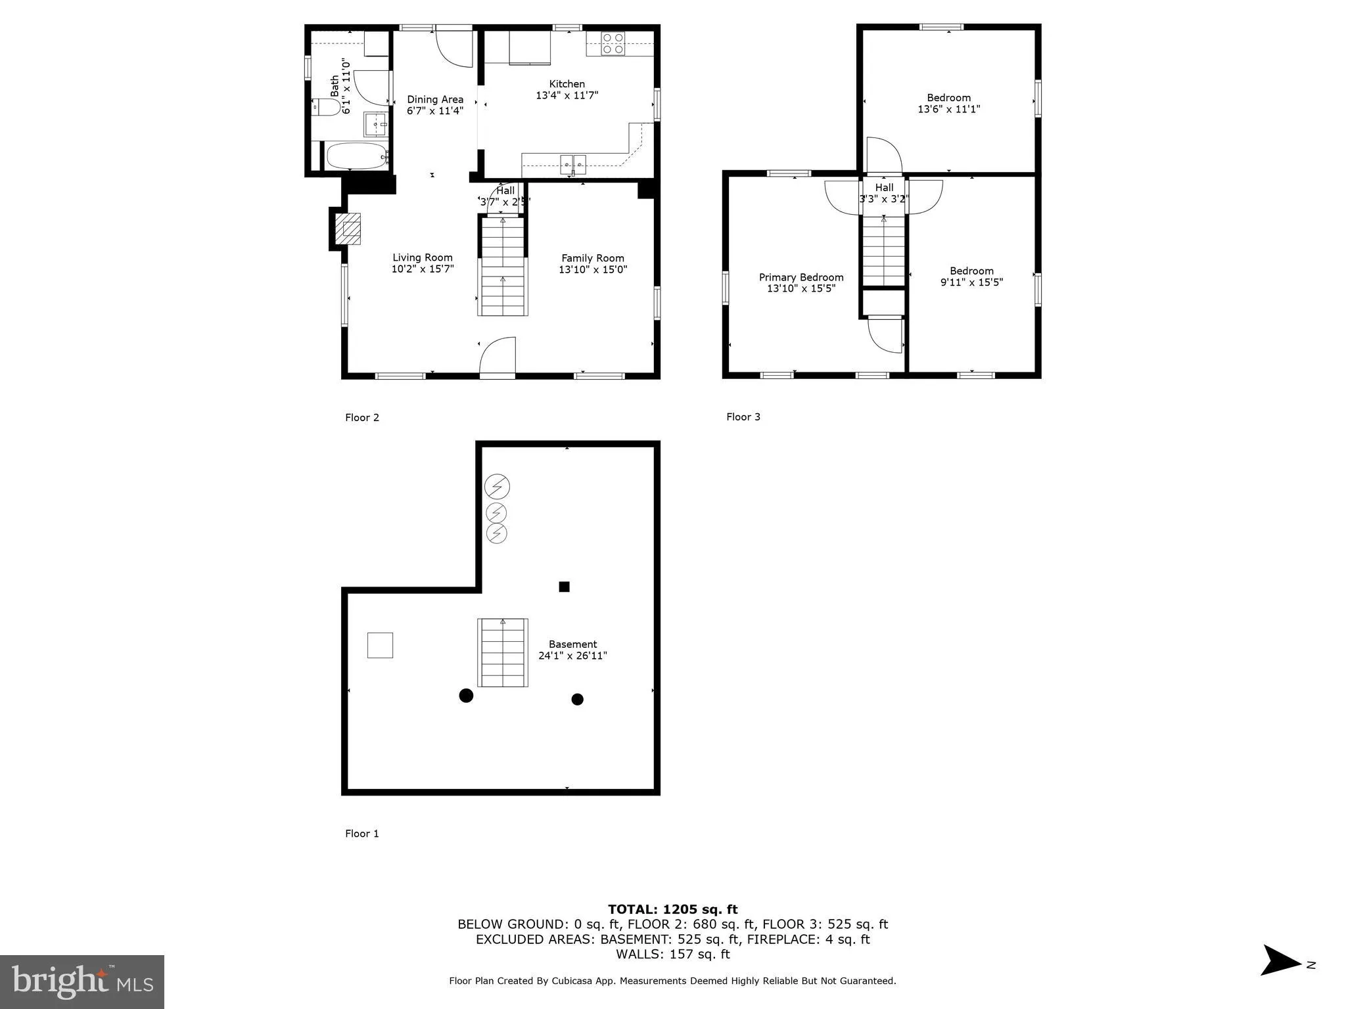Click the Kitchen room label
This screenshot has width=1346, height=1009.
[x=567, y=84]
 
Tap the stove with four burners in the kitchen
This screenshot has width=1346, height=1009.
[x=613, y=43]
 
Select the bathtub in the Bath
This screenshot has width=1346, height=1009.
[x=356, y=156]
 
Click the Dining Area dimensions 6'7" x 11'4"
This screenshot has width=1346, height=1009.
[x=434, y=111]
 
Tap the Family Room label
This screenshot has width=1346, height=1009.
[x=592, y=258]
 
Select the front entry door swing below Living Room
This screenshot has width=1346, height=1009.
[x=498, y=358]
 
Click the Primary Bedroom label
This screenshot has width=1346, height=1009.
[x=801, y=277]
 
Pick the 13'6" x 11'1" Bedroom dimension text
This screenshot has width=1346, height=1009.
[x=948, y=109]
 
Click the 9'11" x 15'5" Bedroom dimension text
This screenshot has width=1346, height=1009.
[x=971, y=282]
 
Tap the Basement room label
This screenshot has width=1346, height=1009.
[x=572, y=644]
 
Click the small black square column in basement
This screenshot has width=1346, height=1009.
[x=564, y=587]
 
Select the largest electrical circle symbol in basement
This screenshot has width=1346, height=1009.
[x=497, y=487]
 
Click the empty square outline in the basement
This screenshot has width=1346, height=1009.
[x=380, y=645]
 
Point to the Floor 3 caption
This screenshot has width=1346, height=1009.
[x=743, y=416]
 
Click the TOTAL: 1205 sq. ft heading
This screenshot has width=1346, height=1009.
[x=672, y=909]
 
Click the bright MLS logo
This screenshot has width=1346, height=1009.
[x=82, y=981]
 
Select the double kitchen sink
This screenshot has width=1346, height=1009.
[x=573, y=162]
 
